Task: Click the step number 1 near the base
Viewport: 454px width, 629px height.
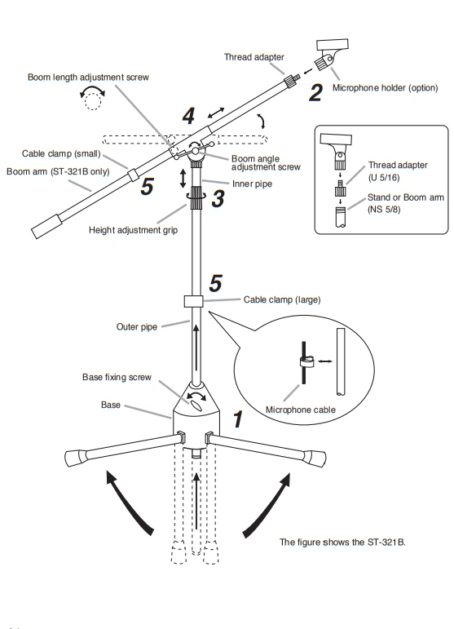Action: (x=238, y=420)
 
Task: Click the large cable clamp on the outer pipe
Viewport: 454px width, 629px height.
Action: (x=194, y=301)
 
